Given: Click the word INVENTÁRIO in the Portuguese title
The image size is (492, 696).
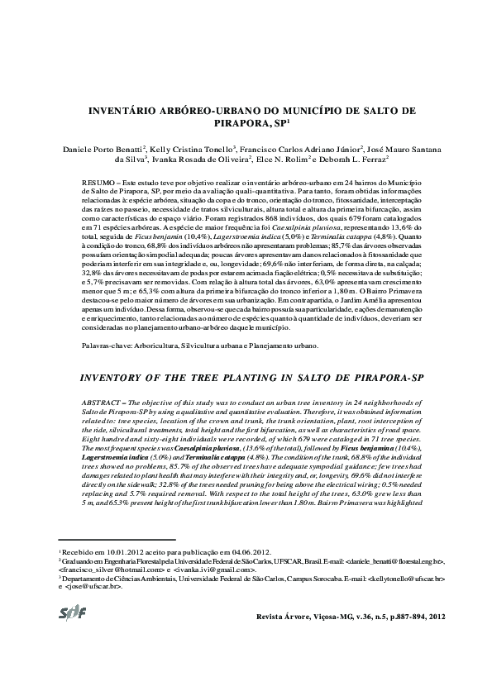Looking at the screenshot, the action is click(136, 109).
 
